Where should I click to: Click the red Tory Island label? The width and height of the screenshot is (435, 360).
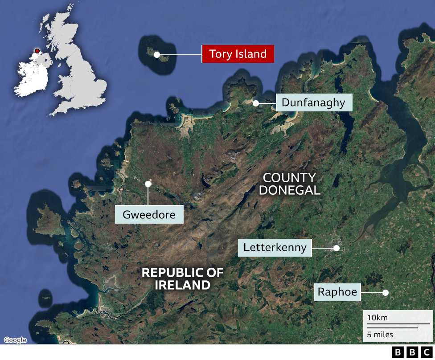click(x=238, y=54)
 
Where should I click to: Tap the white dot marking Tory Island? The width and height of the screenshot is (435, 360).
click(x=157, y=55)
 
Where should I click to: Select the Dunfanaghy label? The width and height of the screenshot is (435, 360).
click(x=314, y=103)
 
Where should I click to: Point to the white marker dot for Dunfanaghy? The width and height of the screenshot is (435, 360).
click(x=256, y=103)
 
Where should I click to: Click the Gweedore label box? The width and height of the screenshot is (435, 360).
click(x=149, y=214)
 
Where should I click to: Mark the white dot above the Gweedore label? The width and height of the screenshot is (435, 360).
click(x=148, y=183)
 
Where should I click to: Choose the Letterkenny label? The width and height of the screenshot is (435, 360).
click(x=275, y=247)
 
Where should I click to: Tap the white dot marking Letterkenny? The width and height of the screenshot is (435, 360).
click(x=337, y=248)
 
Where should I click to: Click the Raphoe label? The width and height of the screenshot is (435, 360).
click(x=337, y=292)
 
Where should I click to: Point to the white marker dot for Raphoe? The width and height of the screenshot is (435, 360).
click(x=386, y=293)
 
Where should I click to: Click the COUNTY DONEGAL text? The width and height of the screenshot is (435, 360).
click(x=290, y=184)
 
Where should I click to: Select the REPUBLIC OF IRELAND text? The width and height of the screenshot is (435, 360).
click(x=183, y=279)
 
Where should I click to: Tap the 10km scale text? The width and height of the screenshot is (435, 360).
click(x=378, y=318)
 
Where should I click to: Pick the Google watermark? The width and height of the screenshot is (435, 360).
click(x=15, y=340)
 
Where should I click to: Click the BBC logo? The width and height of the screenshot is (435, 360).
click(x=412, y=352)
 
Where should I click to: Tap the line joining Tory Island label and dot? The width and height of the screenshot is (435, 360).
click(x=181, y=55)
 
